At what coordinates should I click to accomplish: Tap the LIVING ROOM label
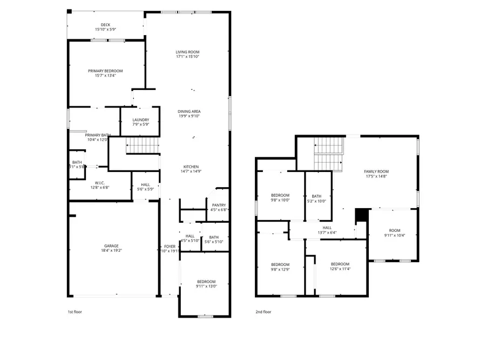pyautogui.click(x=188, y=52)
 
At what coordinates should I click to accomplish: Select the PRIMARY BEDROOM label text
pyautogui.click(x=105, y=71)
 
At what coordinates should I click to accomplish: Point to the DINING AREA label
pyautogui.click(x=189, y=111)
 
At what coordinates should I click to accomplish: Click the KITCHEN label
pyautogui.click(x=191, y=167)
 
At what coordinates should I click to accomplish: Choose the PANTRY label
pyautogui.click(x=219, y=205)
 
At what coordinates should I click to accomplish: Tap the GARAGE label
pyautogui.click(x=112, y=246)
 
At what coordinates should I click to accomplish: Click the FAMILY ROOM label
pyautogui.click(x=376, y=171)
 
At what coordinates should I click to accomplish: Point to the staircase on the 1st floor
pyautogui.click(x=143, y=145)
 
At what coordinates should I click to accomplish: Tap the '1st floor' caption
pyautogui.click(x=75, y=312)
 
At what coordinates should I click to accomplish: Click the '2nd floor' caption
pyautogui.click(x=264, y=312)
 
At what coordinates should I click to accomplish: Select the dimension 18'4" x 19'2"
pyautogui.click(x=112, y=251)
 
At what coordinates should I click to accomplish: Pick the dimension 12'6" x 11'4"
pyautogui.click(x=340, y=269)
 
